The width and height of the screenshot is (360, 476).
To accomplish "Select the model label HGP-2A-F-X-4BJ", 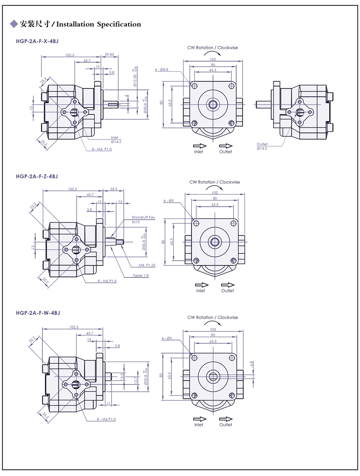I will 37,41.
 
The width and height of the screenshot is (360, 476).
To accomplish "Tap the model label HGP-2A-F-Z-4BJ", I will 37,176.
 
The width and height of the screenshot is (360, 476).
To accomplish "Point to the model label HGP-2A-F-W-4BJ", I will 38,312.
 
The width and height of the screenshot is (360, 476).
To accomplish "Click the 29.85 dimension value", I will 109,54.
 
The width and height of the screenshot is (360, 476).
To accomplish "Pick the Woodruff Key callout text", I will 143,217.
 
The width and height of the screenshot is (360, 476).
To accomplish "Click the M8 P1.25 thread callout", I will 147,265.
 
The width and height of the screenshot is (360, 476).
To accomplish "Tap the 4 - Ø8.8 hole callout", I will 161,70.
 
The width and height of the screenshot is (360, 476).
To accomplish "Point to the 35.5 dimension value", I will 113,189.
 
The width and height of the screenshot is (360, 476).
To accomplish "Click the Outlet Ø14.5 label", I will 262,146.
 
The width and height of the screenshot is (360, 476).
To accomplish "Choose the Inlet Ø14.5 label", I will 115,140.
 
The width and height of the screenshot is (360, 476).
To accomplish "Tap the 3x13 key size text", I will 136,222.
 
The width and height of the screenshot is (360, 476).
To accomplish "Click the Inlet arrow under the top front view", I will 199,145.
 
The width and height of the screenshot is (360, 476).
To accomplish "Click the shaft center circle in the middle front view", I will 214,242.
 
